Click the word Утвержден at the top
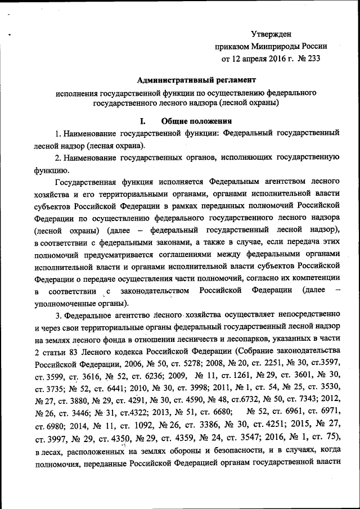271,35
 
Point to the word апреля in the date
255,59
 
